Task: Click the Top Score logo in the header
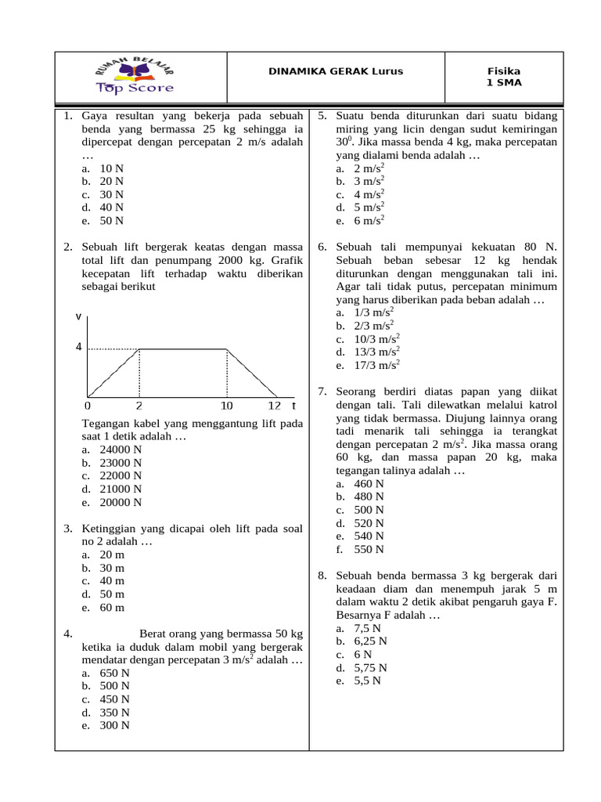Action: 135,77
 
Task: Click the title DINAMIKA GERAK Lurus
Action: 336,71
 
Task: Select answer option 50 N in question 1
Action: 110,221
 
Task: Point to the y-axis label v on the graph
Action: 78,316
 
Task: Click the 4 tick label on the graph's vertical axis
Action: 78,347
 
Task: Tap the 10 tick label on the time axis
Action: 226,406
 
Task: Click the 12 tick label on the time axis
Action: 274,406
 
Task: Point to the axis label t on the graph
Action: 293,406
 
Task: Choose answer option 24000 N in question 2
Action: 120,450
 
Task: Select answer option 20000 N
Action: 120,503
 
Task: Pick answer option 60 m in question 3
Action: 112,608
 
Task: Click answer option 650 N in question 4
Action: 114,673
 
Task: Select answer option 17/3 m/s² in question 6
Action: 376,365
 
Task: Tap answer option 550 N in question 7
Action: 369,549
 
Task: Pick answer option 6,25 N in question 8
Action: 370,641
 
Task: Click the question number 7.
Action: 322,391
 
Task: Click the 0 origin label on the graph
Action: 88,406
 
